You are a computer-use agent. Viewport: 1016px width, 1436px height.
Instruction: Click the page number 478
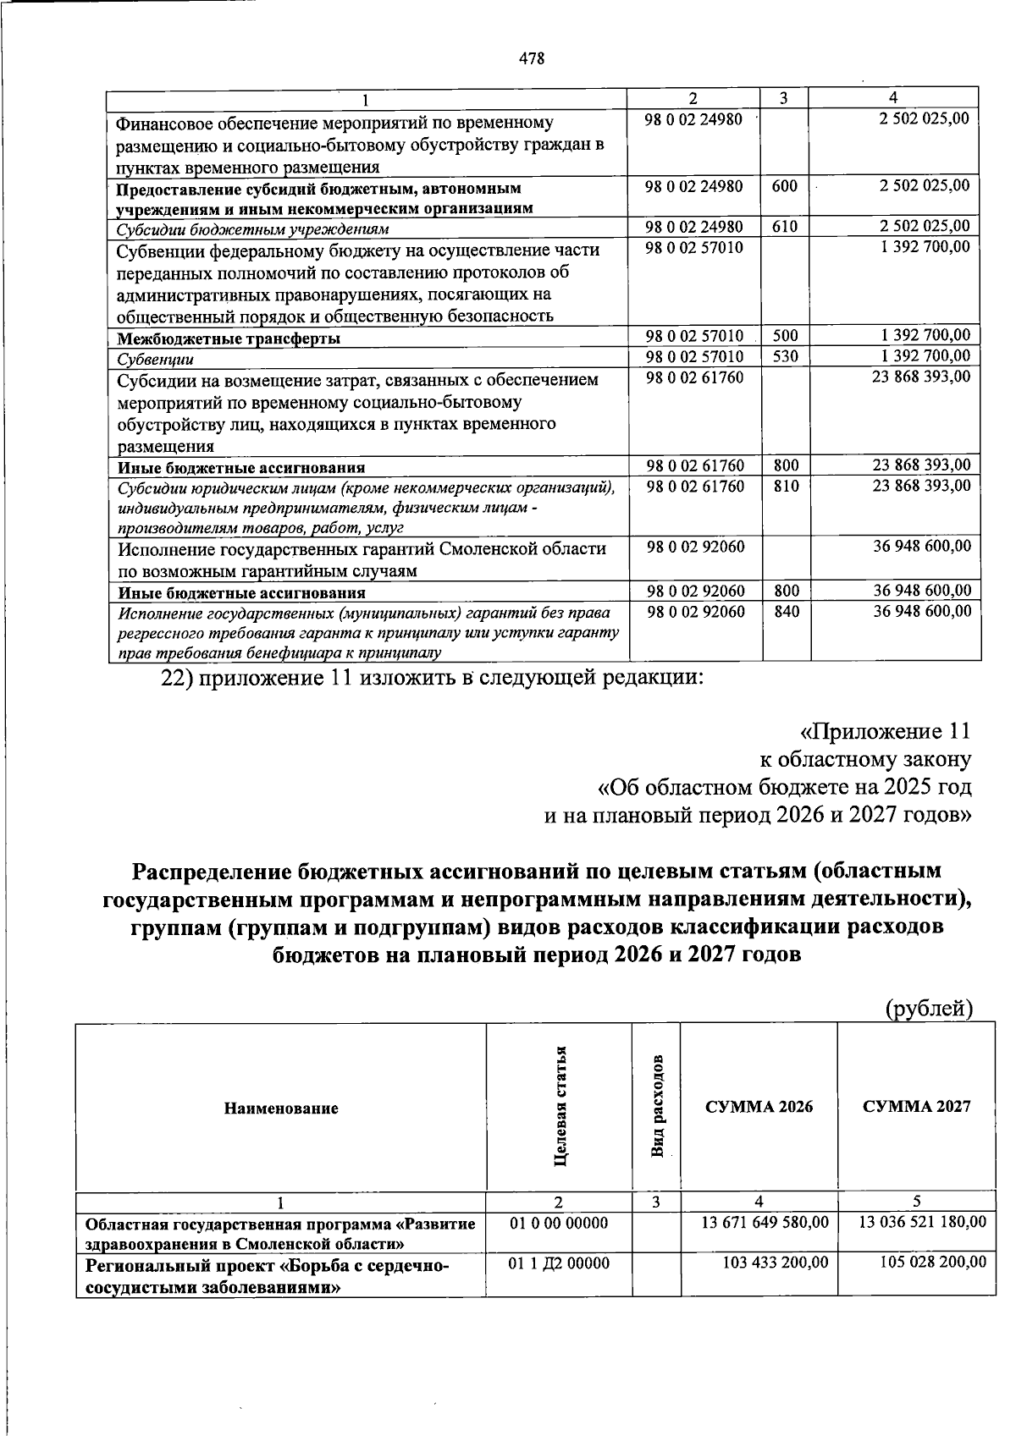click(x=532, y=58)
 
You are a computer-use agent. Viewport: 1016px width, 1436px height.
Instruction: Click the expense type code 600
click(x=785, y=185)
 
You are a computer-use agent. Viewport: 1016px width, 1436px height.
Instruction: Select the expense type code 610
click(x=785, y=227)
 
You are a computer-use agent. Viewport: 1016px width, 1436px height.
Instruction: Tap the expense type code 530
click(x=786, y=357)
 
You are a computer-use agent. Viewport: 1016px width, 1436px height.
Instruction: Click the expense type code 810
click(x=787, y=487)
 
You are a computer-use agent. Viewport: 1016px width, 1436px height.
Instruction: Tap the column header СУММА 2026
click(x=759, y=1107)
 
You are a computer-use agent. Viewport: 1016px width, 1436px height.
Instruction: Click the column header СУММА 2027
click(x=916, y=1107)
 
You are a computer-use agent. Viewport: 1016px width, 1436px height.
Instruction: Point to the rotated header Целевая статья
click(x=560, y=1107)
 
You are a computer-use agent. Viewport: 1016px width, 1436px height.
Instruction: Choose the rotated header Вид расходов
click(x=658, y=1107)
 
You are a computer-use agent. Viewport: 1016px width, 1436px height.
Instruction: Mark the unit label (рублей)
click(x=929, y=1009)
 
